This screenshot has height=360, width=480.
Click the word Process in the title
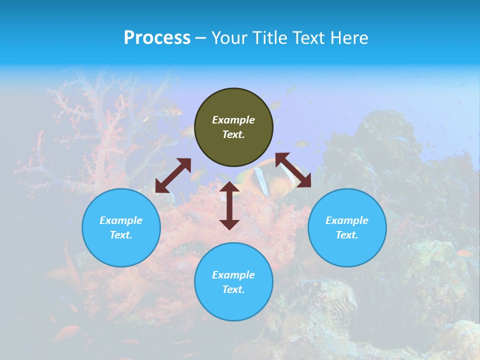point(157,38)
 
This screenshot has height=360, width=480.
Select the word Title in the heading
point(270,38)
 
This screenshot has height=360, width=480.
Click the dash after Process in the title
point(200,39)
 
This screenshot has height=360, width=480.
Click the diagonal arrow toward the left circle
point(173,175)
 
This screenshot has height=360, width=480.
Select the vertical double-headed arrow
point(229,205)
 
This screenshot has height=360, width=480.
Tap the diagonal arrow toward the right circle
point(293,170)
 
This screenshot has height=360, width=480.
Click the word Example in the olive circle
point(233,120)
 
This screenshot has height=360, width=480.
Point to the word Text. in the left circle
point(121,235)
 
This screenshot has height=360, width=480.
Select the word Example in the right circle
point(347,220)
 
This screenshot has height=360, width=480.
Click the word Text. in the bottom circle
point(233,289)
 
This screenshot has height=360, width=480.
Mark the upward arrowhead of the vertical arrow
point(229,187)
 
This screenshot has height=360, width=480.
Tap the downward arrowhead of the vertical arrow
point(229,223)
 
